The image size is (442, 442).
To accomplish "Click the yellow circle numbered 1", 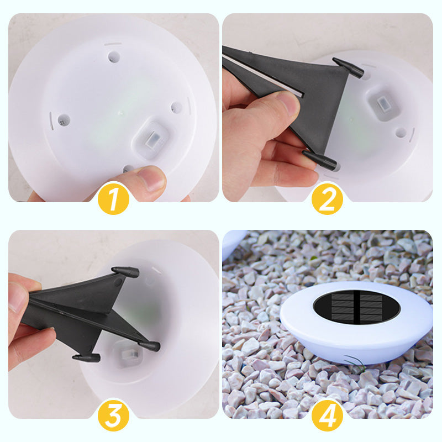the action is [113, 199].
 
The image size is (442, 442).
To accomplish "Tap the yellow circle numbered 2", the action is [327, 199].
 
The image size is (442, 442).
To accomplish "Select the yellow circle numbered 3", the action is [113, 415].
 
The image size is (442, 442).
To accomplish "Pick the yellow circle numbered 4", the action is [327, 415].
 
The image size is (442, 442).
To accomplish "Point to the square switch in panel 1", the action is [152, 138].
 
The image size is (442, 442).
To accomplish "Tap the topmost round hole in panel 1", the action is [114, 57].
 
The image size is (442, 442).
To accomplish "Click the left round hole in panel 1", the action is [64, 120].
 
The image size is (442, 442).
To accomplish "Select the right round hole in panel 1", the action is [176, 108].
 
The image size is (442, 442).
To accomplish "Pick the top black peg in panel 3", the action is [126, 272].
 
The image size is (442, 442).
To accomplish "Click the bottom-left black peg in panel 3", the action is [86, 357].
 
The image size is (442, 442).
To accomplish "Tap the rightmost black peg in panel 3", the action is [149, 346].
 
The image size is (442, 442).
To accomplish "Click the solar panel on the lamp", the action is [356, 307].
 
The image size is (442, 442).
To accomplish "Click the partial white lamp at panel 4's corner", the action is [232, 244].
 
